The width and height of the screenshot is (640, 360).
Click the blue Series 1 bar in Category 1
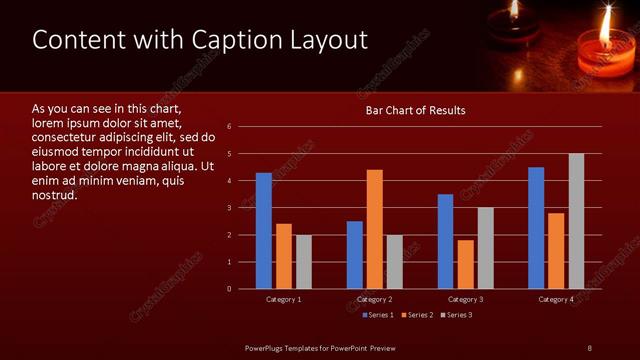264,231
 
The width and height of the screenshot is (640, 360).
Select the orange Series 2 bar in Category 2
375,229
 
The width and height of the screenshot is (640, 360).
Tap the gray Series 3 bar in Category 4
576,221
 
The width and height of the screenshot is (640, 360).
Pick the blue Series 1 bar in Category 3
446,241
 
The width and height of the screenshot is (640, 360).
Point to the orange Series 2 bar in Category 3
466,264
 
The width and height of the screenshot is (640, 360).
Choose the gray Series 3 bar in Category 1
303,262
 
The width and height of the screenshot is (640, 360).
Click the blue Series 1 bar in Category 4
536,228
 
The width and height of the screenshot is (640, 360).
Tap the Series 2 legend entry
417,315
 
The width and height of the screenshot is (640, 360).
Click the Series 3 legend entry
456,315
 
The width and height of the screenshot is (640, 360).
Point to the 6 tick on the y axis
230,127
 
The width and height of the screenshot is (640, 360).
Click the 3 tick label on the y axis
230,208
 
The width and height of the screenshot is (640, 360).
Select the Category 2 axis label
374,300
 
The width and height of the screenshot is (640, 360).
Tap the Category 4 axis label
556,300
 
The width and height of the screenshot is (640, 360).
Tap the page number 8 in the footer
589,347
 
